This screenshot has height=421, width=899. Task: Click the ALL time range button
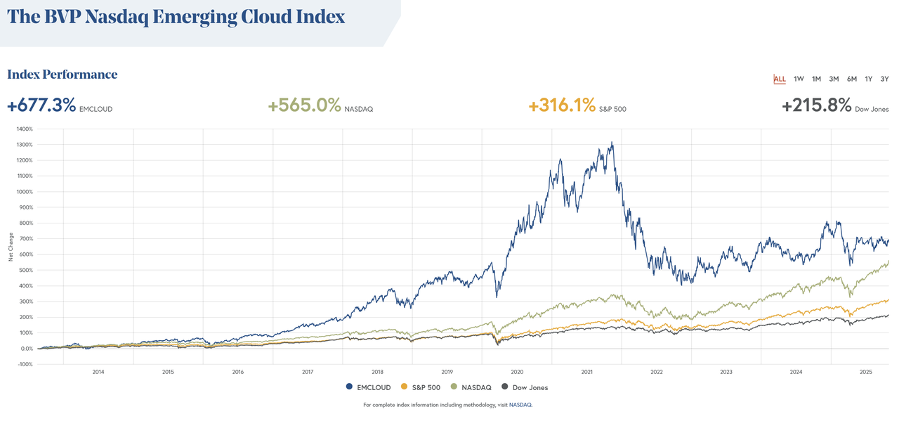point(780,79)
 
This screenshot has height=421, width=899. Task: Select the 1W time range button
point(799,79)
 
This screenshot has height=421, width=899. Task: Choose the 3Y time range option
point(885,79)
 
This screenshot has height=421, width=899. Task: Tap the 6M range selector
point(851,79)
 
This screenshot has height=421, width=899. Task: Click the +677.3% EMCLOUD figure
point(41,106)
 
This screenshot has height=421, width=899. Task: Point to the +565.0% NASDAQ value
point(304,106)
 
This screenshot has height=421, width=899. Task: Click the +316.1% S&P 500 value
point(562,106)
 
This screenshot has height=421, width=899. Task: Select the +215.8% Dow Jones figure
point(816,106)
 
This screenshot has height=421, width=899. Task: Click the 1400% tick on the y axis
point(25,129)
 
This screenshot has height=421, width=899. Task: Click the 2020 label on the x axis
point(517,372)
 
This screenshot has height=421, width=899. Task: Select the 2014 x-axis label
point(98,372)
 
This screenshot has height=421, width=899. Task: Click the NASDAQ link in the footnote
point(520,405)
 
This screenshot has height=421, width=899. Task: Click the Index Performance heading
point(63,75)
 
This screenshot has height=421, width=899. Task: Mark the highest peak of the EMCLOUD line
point(612,143)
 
